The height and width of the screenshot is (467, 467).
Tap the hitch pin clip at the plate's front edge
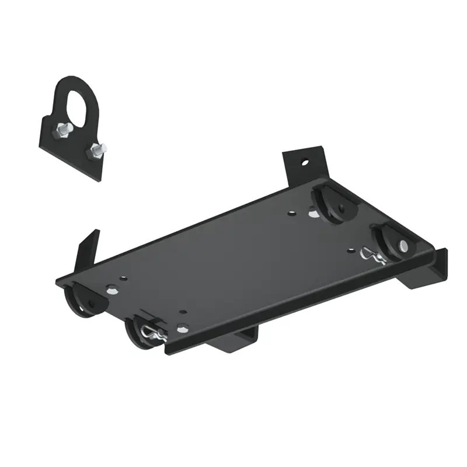pyautogui.click(x=152, y=335)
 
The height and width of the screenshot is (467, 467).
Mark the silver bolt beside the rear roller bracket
pyautogui.click(x=313, y=215)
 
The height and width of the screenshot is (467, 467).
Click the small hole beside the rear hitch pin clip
pyautogui.click(x=350, y=250)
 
